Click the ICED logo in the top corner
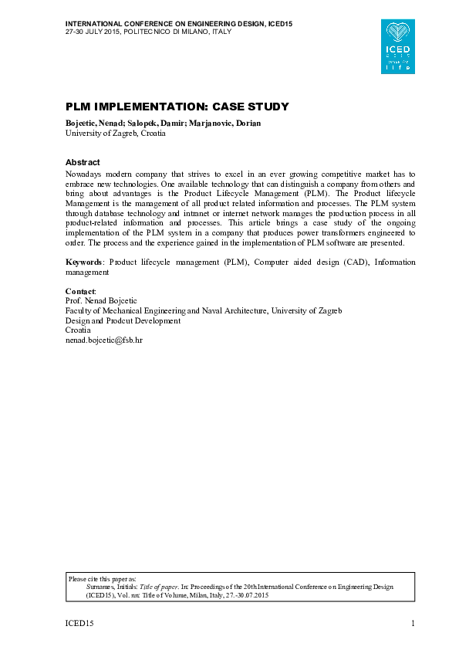(400, 47)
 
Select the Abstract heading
(83, 162)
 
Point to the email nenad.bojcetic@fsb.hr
(104, 340)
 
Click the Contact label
(80, 291)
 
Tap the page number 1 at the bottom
(413, 623)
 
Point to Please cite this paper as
(102, 577)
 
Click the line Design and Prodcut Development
(123, 320)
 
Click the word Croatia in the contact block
(78, 330)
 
